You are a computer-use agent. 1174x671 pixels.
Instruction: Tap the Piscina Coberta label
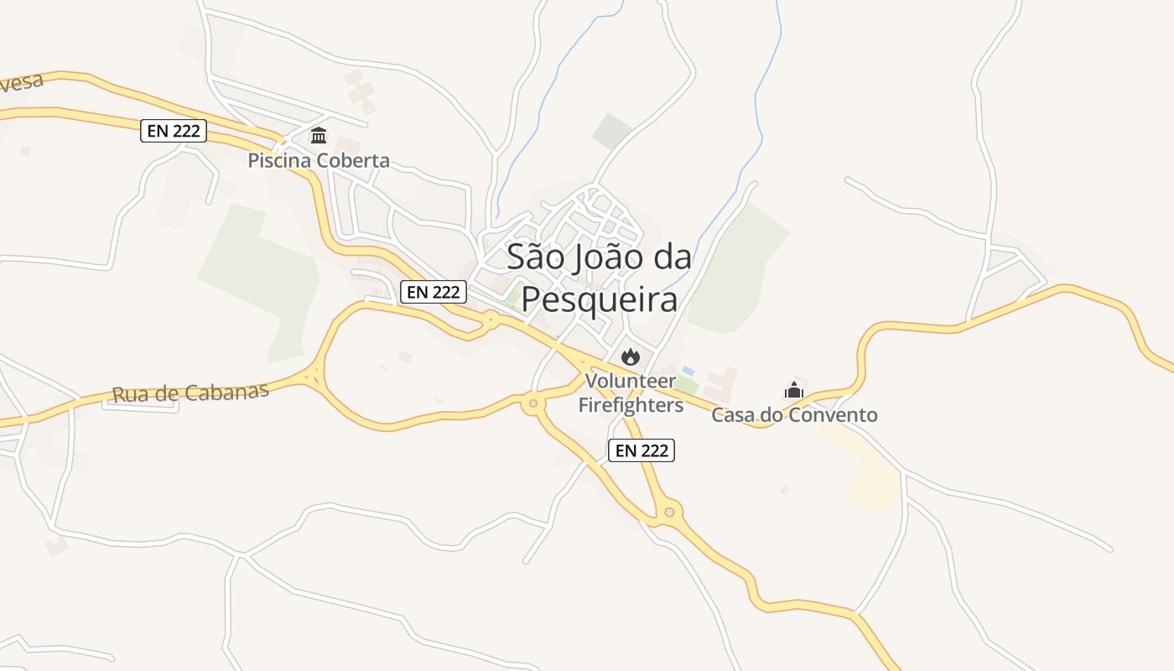(x=319, y=160)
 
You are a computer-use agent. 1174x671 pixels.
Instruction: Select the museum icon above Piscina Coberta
(x=319, y=135)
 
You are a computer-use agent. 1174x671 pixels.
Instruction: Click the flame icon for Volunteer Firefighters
(x=631, y=356)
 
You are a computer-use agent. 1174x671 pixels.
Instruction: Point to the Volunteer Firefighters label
(x=631, y=393)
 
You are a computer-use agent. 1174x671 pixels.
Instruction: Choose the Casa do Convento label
(x=794, y=414)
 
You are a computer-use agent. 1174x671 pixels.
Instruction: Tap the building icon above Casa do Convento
(x=794, y=390)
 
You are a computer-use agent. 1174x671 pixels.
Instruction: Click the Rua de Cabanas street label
(x=190, y=393)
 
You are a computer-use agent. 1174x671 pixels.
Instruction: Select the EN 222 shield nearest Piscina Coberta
(x=174, y=131)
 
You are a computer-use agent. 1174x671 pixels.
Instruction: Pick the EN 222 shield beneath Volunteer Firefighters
(x=642, y=450)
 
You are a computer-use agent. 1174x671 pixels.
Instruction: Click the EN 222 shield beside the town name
(x=433, y=291)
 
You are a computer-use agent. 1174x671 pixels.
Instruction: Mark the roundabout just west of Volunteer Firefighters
(x=532, y=404)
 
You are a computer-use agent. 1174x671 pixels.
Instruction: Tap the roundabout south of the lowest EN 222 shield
(x=669, y=511)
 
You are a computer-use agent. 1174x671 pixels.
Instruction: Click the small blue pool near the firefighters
(x=688, y=370)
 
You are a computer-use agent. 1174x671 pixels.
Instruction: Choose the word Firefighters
(x=631, y=405)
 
